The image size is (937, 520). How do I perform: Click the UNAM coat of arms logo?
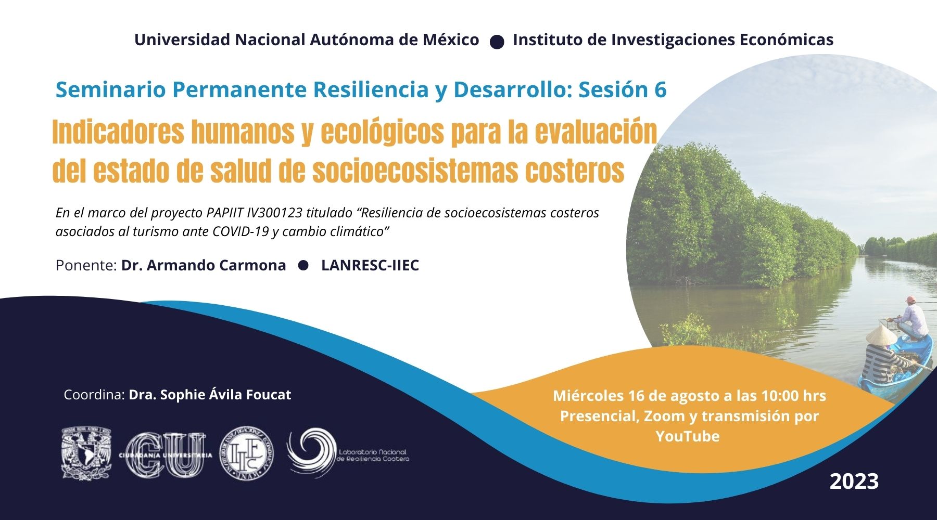click(x=86, y=453)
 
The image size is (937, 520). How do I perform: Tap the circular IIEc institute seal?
click(x=246, y=453)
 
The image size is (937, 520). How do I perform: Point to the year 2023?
click(x=854, y=481)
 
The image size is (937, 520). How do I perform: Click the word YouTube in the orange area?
click(x=688, y=436)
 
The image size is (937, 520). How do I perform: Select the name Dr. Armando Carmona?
click(x=204, y=265)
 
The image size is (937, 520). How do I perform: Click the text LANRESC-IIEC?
click(x=370, y=265)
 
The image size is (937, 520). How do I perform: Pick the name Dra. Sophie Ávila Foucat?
click(x=210, y=395)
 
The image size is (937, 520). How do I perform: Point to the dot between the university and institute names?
click(x=497, y=42)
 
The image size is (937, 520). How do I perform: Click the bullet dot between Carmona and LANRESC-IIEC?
click(x=303, y=265)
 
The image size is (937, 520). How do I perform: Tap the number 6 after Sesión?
click(x=660, y=90)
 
